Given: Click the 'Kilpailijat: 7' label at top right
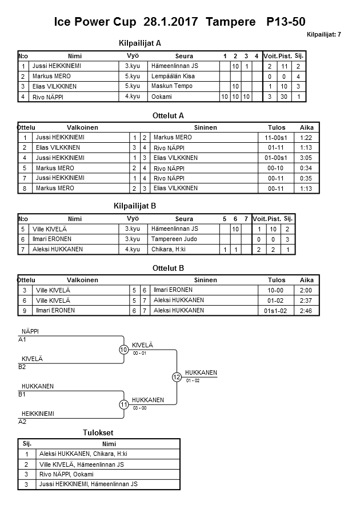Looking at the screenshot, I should tap(323, 34).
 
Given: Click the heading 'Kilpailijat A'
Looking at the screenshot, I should tap(140, 43).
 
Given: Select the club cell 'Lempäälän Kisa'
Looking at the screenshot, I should tap(173, 76).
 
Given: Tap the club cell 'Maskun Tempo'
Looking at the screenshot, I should tap(172, 86).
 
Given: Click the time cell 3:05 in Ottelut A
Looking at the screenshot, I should tap(307, 158).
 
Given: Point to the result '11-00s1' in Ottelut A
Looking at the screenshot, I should tap(276, 138).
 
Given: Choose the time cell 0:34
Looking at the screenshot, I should tap(307, 168).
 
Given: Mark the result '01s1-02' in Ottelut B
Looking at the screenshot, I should tap(276, 310).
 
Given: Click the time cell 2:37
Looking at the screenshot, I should tap(307, 300).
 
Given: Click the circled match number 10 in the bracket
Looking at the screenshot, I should tap(124, 350).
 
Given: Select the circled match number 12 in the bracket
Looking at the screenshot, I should tap(177, 377).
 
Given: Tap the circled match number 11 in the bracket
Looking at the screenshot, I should tap(124, 404).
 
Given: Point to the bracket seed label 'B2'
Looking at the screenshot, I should tap(23, 367).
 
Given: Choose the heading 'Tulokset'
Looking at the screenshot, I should tap(99, 432).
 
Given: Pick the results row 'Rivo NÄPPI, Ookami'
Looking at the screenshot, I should tap(66, 474).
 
